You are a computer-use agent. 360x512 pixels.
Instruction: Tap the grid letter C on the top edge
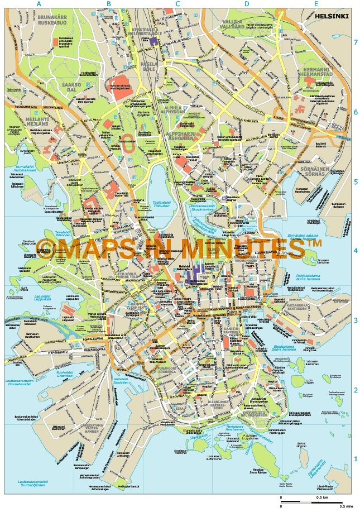177,4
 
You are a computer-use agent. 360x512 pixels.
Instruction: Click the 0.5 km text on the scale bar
321,497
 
